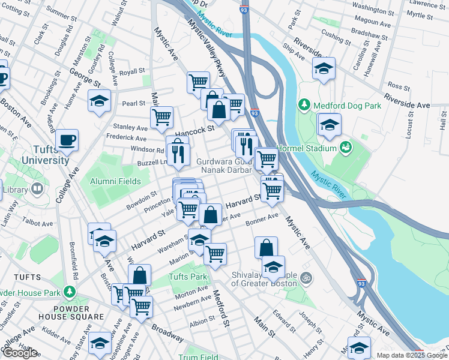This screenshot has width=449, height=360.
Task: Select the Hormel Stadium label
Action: click(307, 148)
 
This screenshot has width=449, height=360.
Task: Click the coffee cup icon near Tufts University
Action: click(67, 140)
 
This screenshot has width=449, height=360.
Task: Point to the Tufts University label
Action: click(46, 155)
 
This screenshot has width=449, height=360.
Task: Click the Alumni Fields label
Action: click(115, 181)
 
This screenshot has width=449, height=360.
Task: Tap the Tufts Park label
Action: click(187, 277)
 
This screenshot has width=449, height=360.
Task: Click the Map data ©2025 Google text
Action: click(412, 355)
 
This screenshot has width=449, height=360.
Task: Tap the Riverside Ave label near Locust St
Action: click(408, 100)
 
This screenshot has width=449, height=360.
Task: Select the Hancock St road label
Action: click(194, 129)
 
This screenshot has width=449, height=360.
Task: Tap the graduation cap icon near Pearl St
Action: click(100, 101)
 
